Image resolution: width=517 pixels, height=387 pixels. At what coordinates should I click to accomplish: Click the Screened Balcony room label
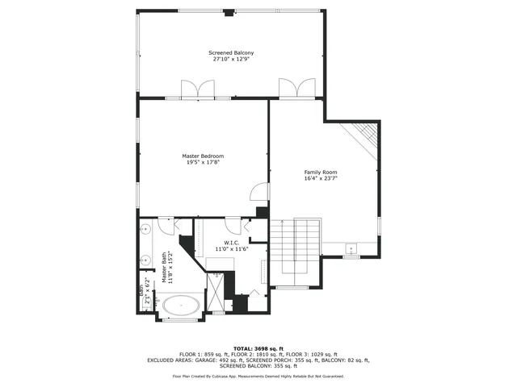coord(233,52)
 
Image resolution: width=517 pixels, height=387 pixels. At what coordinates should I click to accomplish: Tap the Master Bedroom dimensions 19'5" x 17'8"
coord(203,162)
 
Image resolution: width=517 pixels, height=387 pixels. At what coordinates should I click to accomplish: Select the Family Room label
coord(320,172)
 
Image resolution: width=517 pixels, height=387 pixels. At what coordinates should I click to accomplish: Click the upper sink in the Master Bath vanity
coord(146,231)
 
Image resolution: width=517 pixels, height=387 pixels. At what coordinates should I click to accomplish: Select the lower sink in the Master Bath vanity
coord(146,260)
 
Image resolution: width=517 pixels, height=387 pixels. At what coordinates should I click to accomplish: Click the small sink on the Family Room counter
coord(351,248)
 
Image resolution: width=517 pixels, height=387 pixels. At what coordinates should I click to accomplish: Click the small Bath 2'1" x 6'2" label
coord(144,292)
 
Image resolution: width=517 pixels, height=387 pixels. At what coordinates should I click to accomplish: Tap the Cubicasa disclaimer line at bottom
coord(258,376)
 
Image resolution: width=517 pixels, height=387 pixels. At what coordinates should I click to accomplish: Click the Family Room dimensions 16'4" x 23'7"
coord(320,179)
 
